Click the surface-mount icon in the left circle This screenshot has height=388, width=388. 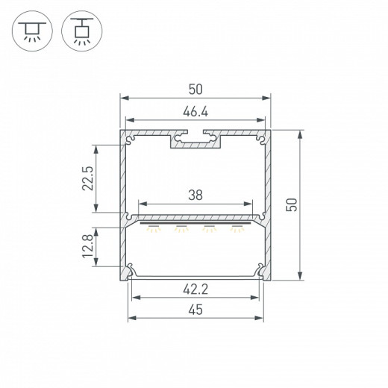click(x=32, y=31)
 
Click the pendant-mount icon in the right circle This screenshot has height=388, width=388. click(x=82, y=31)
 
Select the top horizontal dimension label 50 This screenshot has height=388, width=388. click(x=195, y=90)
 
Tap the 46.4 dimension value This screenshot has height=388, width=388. click(x=195, y=112)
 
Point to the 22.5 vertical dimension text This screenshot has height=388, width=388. click(x=87, y=178)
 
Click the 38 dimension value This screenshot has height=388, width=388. click(x=195, y=195)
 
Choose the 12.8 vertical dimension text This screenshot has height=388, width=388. click(x=87, y=246)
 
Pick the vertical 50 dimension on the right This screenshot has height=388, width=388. click(x=292, y=205)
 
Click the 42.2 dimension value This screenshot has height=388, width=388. click(x=195, y=290)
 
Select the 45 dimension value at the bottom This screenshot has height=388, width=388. click(x=195, y=310)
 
